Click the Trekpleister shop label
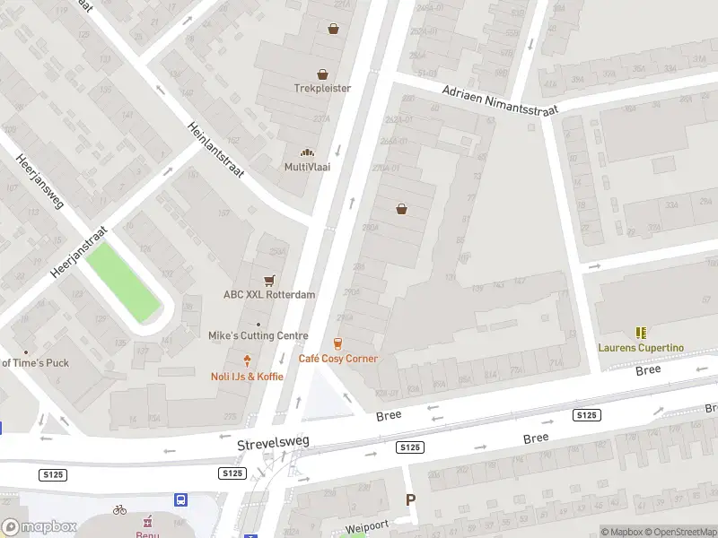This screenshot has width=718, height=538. tap(322, 88)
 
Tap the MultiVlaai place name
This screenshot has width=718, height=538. tap(307, 167)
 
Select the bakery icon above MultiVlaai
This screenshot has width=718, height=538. tap(307, 153)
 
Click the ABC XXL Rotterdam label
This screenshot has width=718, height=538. tap(269, 294)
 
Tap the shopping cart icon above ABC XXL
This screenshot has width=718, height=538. tap(268, 281)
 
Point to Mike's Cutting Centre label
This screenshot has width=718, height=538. tap(258, 335)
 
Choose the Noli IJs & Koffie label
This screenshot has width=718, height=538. tap(247, 377)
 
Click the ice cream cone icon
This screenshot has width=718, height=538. tap(247, 361)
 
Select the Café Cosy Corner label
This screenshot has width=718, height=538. tap(337, 359)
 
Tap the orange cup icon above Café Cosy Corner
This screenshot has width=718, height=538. tap(337, 343)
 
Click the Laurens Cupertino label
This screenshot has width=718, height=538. tap(641, 347)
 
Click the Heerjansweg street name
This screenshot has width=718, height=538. tap(39, 181)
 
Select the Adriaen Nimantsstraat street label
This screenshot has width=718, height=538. tap(500, 100)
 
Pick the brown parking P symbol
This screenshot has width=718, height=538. tap(411, 500)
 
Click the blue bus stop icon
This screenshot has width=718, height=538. tap(181, 499)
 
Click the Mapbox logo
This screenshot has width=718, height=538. tap(39, 527)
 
